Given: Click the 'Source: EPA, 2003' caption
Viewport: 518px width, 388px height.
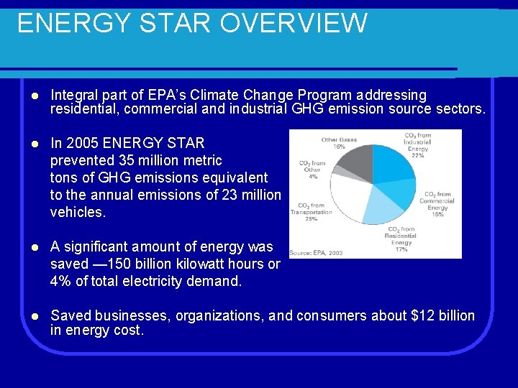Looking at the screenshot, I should click(x=316, y=252).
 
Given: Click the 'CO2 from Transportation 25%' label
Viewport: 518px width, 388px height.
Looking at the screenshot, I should click(x=311, y=211).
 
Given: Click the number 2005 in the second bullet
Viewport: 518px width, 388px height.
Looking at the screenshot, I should click(x=84, y=143).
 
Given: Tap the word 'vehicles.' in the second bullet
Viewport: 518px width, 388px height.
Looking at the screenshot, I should click(x=78, y=212).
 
